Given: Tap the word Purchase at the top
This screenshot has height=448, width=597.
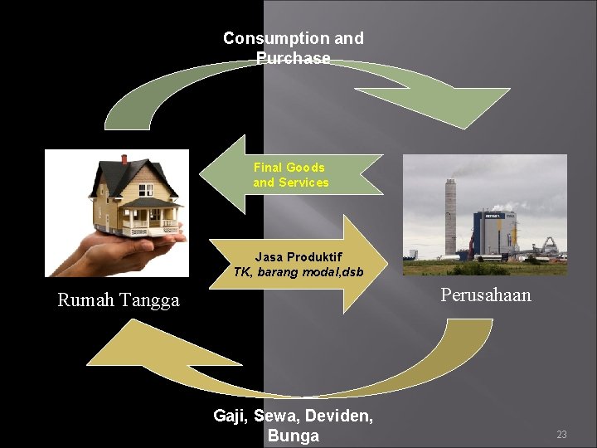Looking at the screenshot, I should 293,58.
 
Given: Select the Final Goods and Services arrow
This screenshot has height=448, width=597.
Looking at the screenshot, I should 290,175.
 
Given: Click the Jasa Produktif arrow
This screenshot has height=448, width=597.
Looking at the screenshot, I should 298,265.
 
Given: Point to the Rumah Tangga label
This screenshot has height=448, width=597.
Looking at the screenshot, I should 118,300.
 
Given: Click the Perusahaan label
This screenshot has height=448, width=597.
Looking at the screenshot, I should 486,295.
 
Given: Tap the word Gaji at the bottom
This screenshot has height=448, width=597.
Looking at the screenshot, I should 229,416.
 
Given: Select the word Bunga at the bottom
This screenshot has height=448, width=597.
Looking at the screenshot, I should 293,436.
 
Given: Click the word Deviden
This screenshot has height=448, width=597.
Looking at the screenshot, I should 342,416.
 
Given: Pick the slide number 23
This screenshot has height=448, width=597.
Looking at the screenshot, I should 561,434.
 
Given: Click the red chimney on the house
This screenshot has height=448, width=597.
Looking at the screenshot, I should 124,158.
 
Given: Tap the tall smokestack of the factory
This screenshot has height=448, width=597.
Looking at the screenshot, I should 451,216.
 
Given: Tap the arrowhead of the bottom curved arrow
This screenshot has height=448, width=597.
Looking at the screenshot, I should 124,348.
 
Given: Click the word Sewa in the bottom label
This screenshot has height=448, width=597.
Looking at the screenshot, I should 274,416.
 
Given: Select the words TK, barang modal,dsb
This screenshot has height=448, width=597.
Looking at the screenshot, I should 298,272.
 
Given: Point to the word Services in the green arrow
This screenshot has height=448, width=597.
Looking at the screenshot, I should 303,183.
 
